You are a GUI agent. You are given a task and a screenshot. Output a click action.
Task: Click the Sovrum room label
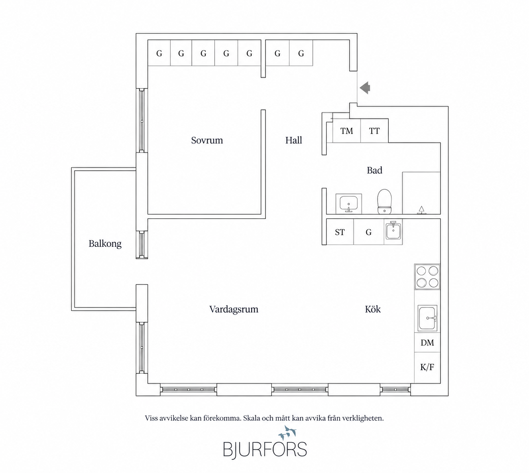click(x=207, y=140)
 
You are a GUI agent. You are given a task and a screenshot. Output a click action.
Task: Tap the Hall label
click(x=293, y=140)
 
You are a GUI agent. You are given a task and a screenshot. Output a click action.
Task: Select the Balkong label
click(x=105, y=244)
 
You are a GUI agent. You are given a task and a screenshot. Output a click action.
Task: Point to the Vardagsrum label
click(x=234, y=309)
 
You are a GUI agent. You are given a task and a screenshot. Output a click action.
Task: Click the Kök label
click(x=373, y=309)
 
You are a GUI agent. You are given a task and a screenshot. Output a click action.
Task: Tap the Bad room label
click(x=374, y=170)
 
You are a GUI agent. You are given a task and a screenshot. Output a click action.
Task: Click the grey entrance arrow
click(x=365, y=88)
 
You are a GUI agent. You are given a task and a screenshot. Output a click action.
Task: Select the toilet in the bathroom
click(x=385, y=202)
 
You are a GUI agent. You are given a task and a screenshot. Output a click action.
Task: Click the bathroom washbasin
click(x=348, y=204)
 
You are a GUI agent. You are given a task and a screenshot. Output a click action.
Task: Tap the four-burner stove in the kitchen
click(x=427, y=277)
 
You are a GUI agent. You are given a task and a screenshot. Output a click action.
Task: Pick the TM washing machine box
click(x=346, y=130)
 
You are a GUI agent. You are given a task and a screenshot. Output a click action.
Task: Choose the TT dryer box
click(x=374, y=130)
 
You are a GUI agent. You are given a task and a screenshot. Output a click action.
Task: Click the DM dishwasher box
click(x=427, y=343)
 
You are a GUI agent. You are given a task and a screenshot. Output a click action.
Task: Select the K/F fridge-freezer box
click(x=427, y=367)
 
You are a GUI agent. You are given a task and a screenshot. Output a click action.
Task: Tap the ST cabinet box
click(x=340, y=232)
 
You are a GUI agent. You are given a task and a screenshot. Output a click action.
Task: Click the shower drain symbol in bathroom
click(x=421, y=210)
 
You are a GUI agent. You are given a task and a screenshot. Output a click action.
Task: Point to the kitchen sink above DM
click(x=427, y=318)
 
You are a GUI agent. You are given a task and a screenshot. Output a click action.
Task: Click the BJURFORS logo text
click(x=265, y=449)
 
